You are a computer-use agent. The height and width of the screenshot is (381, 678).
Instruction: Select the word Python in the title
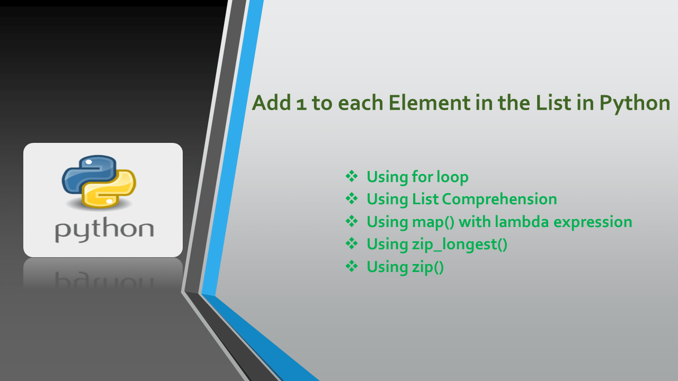point(635,103)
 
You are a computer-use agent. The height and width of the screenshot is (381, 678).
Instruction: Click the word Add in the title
point(270,103)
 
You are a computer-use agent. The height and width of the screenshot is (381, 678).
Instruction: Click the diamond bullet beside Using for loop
point(352,176)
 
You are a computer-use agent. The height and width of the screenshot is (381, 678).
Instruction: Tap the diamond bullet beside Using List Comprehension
point(352,198)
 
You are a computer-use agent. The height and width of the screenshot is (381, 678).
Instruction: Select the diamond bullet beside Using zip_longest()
point(352,243)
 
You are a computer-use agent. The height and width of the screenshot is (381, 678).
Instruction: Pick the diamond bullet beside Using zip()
point(352,266)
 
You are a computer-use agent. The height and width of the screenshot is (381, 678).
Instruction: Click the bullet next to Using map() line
point(352,221)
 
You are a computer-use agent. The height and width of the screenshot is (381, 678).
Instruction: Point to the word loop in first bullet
point(452,177)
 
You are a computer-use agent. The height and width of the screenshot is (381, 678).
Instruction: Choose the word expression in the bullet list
point(593,222)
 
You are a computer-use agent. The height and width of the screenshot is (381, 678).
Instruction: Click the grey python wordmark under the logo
point(104,231)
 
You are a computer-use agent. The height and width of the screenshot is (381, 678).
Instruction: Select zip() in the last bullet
point(427,267)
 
